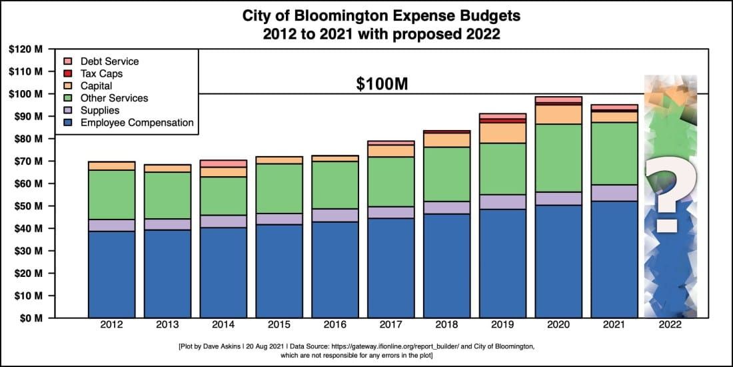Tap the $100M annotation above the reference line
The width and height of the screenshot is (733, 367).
click(x=380, y=84)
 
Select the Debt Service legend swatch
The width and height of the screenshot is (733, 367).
click(x=68, y=61)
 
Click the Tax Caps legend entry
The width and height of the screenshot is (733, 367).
click(x=101, y=73)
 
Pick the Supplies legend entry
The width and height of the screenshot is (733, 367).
click(x=100, y=110)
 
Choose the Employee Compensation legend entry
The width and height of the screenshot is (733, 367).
click(x=137, y=122)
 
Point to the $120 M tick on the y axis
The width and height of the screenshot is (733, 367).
click(x=26, y=49)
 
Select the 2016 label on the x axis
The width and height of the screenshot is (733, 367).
click(x=335, y=325)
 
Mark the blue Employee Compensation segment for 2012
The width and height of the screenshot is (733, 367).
click(x=112, y=274)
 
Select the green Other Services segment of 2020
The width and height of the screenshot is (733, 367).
click(x=558, y=157)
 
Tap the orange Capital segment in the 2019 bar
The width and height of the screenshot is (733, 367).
click(x=503, y=133)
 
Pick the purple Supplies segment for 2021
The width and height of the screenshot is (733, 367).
click(x=614, y=193)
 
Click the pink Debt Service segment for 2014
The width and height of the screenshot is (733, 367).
click(x=224, y=163)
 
